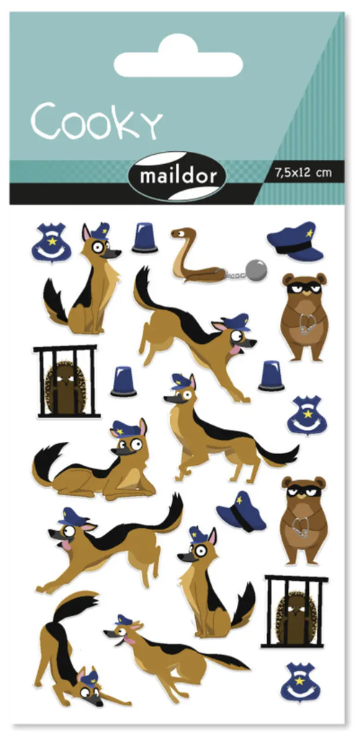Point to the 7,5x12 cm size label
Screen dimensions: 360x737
coord(302,173)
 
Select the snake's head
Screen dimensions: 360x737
coord(182,234)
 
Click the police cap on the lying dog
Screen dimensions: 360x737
coord(125,428)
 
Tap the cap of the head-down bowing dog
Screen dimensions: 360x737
coord(90,678)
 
